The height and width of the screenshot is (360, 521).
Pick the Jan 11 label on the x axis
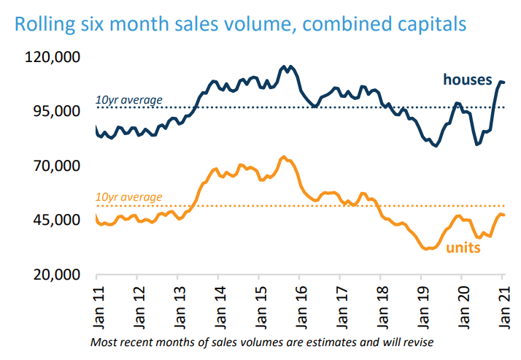coord(96,304)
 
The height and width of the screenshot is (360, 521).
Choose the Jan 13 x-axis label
coord(177,304)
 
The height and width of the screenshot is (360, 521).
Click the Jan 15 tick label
coord(259,304)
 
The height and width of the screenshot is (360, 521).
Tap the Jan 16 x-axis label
coord(299,304)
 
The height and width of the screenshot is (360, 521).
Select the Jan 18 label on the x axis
coord(380,304)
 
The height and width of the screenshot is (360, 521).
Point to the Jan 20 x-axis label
coord(461,304)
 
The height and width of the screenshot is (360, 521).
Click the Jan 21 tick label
coord(502,304)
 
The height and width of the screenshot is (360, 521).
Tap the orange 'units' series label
coord(463,248)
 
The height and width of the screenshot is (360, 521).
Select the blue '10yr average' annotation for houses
coord(129,100)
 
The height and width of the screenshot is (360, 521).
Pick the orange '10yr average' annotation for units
coord(129,197)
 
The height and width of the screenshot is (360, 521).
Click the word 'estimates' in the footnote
coord(303,342)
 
